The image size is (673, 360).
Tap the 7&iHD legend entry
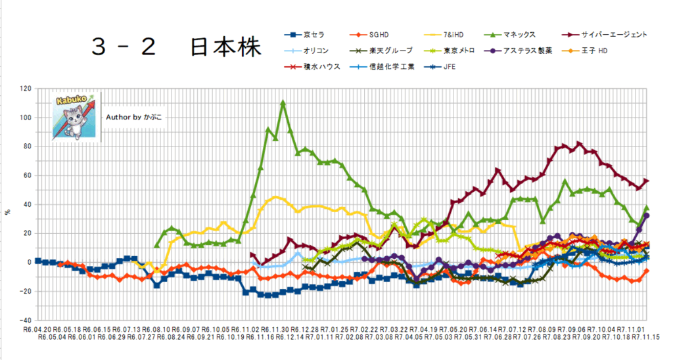pos(452,35)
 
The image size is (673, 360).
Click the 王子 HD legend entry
pos(594,51)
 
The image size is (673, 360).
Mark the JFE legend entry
pos(448,66)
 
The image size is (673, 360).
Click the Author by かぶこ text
pos(134,116)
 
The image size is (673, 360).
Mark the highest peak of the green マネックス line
pos(283,103)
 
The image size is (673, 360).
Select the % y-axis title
pos(8,212)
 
